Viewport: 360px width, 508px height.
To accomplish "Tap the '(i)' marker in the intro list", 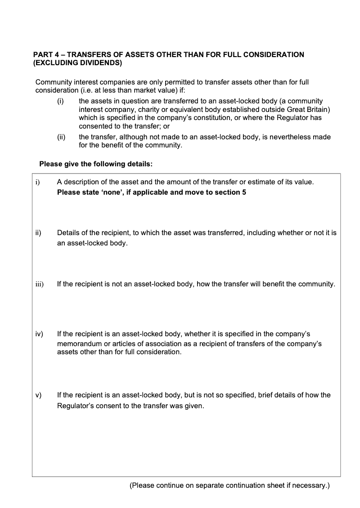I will [x=60, y=102].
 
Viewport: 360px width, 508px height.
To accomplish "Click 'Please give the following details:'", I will [x=96, y=164].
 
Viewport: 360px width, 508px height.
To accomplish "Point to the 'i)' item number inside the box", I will [x=38, y=183].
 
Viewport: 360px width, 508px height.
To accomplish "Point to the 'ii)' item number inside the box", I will [x=39, y=233].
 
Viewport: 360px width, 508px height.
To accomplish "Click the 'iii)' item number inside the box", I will [x=39, y=284].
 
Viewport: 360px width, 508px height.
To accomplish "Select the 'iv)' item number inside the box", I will [x=39, y=334].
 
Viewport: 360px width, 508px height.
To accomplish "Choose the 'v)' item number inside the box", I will [x=38, y=395].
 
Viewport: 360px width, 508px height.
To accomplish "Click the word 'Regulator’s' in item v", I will [x=75, y=406].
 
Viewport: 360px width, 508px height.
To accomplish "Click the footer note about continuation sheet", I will [x=229, y=486].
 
